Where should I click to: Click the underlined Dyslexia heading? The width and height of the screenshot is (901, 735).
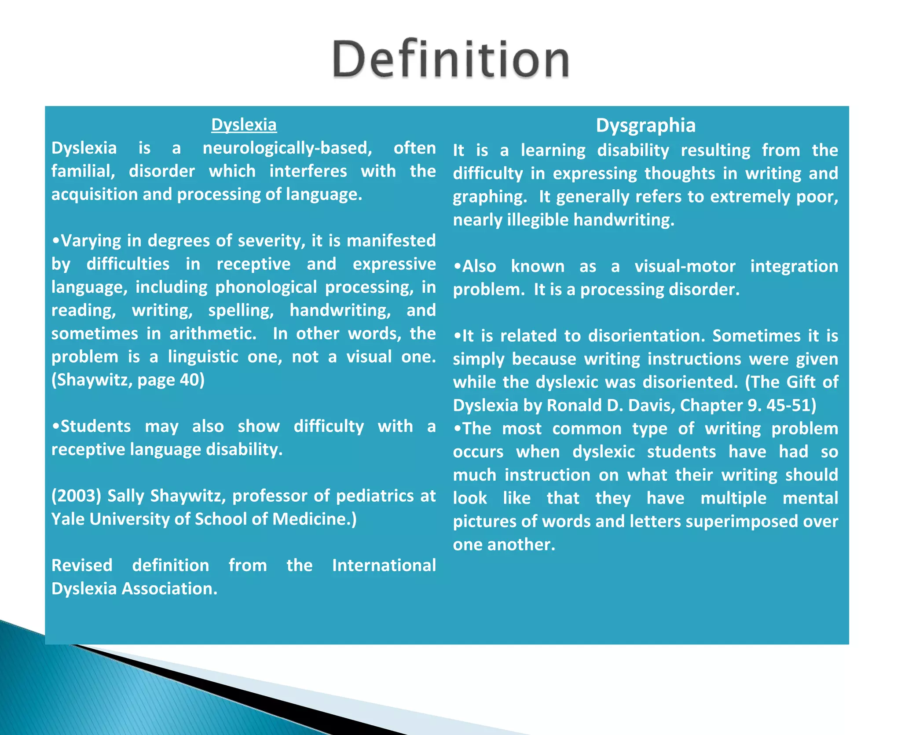pyautogui.click(x=244, y=125)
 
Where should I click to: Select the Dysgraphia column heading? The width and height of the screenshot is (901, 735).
pyautogui.click(x=645, y=125)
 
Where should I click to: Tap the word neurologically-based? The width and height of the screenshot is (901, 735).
pyautogui.click(x=287, y=148)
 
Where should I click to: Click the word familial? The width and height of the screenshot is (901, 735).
pyautogui.click(x=83, y=171)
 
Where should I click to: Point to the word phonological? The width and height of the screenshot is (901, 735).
pyautogui.click(x=266, y=287)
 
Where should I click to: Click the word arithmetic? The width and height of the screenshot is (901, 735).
pyautogui.click(x=212, y=334)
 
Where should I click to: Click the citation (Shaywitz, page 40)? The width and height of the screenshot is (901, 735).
pyautogui.click(x=128, y=380)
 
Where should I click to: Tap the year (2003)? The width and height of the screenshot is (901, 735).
pyautogui.click(x=76, y=496)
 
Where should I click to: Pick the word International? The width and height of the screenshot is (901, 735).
pyautogui.click(x=384, y=566)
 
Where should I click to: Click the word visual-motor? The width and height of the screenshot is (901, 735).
pyautogui.click(x=685, y=266)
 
